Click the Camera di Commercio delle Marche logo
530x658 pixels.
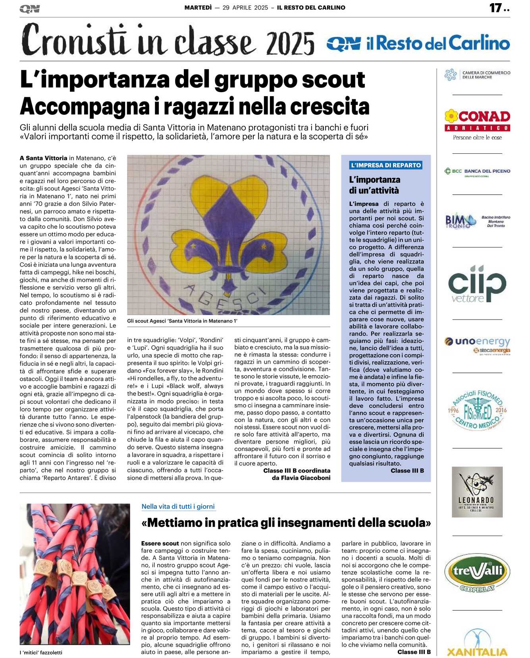tap(477, 75)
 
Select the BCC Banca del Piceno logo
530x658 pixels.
tap(477, 171)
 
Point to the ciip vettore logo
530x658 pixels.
tap(477, 284)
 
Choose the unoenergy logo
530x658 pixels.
tap(477, 344)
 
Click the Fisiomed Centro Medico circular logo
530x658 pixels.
tap(477, 409)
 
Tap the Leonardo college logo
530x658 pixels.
tap(477, 492)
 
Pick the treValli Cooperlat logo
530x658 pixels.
tap(477, 573)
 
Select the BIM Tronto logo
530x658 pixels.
tap(477, 221)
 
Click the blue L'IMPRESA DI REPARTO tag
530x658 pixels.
tap(385, 165)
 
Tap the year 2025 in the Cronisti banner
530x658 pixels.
tap(290, 43)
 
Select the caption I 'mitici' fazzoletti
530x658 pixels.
tap(41, 652)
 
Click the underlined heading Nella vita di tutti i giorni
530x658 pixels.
tap(178, 506)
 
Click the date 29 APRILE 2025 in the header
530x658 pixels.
tap(245, 8)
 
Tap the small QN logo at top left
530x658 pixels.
tap(29, 9)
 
